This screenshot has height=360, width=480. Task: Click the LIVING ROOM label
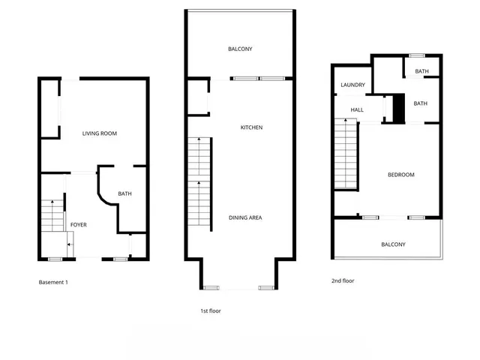point(100,133)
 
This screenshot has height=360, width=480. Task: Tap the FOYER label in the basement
point(79,224)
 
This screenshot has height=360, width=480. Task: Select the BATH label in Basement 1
point(124,194)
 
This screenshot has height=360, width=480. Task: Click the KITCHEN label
point(251,127)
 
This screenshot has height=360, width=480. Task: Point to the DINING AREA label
point(245,217)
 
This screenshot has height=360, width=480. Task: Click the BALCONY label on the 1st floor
point(240,49)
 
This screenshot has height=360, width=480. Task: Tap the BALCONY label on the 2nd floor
point(393,244)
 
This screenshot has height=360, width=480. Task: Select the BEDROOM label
point(400,175)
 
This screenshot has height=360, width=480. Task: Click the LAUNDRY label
point(352,85)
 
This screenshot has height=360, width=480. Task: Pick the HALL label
point(357,109)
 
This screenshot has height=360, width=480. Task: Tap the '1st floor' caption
point(209,310)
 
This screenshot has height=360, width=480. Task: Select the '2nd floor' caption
point(343,280)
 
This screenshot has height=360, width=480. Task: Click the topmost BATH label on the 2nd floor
point(421,72)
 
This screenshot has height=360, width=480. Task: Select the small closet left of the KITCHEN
point(198,97)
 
